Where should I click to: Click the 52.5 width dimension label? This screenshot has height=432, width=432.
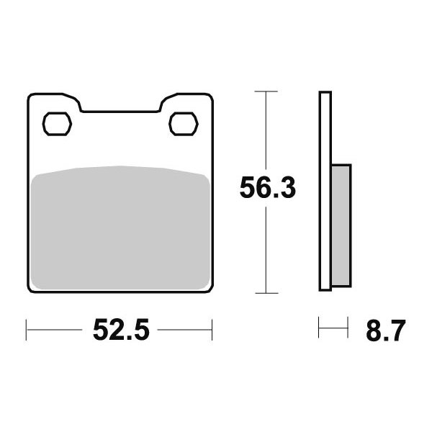coord(121,330)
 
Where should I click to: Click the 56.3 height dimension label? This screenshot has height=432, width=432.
coord(268,188)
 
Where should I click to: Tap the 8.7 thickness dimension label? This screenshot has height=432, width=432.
coord(386,330)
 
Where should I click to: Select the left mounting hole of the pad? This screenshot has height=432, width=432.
coord(57,124)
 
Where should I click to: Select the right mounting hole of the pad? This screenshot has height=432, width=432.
coord(184,124)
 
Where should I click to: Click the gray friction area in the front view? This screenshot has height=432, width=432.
coord(121,228)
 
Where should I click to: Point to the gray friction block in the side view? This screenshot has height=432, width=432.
coord(341,225)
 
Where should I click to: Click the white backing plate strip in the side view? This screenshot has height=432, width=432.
coord(325,191)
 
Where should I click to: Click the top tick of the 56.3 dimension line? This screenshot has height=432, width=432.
coord(266,91)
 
